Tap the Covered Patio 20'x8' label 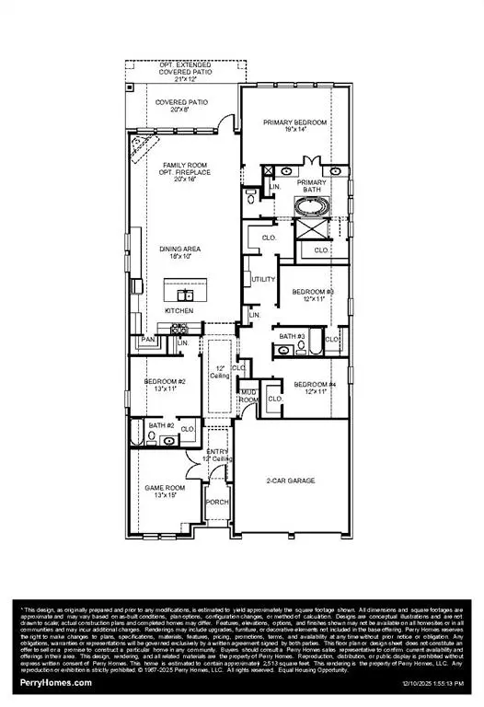pyautogui.click(x=179, y=108)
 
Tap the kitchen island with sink pyautogui.click(x=186, y=295)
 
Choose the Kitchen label pyautogui.click(x=179, y=312)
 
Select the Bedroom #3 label pyautogui.click(x=313, y=296)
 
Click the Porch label pyautogui.click(x=217, y=502)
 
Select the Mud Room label pyautogui.click(x=248, y=397)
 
